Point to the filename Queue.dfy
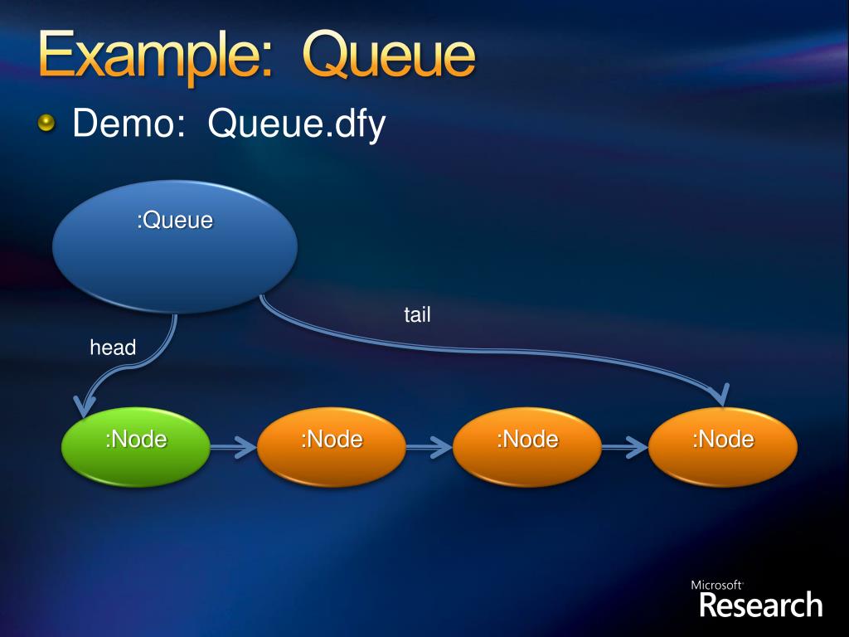pos(297,126)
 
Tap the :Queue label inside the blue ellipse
pos(174,221)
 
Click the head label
pos(113,348)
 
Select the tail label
pos(417,315)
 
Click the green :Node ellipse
pos(135,445)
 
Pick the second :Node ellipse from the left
pos(332,445)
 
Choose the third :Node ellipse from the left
pos(527,445)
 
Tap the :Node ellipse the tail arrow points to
pos(723,445)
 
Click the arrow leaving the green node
pos(233,448)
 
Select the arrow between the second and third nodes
pos(429,448)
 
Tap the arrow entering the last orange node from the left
pos(624,448)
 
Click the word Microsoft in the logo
pos(716,586)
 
